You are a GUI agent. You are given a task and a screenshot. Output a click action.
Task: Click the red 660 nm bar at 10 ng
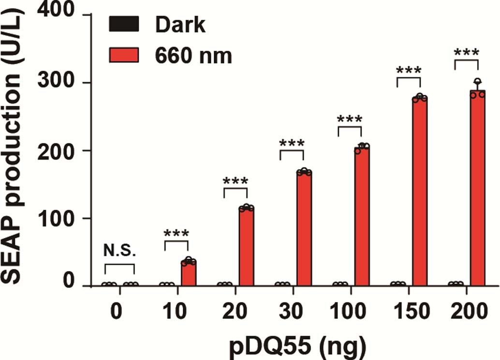(189, 274)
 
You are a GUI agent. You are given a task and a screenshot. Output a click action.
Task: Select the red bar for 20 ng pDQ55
(246, 247)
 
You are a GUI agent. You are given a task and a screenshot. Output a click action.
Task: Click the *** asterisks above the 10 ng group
(177, 234)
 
